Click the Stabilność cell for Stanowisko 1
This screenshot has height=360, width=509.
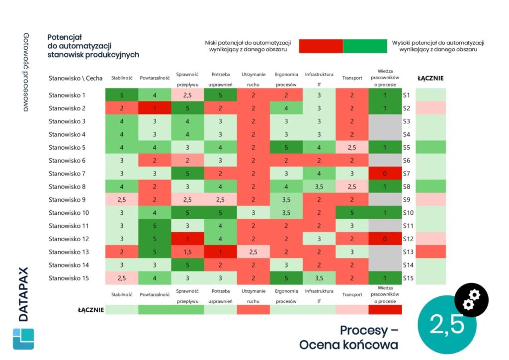coord(122,95)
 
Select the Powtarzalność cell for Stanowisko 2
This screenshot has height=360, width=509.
coord(155,108)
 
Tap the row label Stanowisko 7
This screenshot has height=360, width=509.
coord(67,174)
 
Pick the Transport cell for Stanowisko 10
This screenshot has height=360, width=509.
coord(351,213)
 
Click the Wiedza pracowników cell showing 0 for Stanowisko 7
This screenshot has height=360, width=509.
coord(385,174)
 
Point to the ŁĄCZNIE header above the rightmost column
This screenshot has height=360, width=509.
coord(430,78)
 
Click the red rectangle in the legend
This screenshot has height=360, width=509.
coord(321,46)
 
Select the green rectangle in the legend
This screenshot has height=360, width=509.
coord(364,46)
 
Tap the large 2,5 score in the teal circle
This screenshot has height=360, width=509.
coord(447,324)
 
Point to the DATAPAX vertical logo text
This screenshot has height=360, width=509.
coord(23,294)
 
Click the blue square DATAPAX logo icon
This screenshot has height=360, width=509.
coord(23,339)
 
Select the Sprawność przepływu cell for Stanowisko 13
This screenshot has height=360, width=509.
coord(187,252)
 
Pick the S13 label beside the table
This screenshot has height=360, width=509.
coord(408,252)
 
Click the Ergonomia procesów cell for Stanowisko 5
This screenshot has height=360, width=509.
coord(286,147)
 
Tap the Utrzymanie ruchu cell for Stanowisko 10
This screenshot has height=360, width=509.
coord(253,213)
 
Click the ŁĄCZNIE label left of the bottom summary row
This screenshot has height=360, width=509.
coord(91,310)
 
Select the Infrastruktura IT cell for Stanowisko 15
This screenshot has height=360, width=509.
coord(319,278)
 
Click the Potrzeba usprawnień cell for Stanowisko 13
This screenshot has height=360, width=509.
coord(220,252)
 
